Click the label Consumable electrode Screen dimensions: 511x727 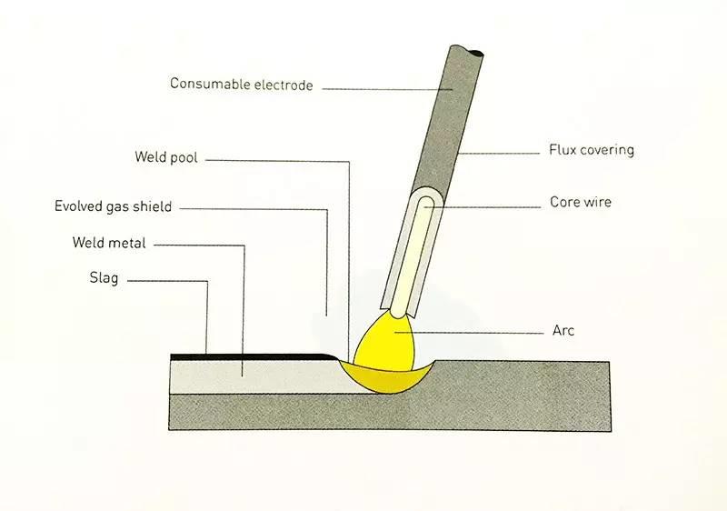(x=241, y=85)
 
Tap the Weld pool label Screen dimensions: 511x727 (x=165, y=157)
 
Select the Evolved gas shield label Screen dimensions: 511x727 (x=113, y=206)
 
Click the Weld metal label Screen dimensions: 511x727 (x=109, y=243)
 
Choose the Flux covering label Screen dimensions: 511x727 (x=592, y=150)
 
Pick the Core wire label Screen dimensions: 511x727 (x=581, y=202)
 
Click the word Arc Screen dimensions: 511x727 (x=563, y=330)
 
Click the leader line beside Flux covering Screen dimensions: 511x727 (x=500, y=152)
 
